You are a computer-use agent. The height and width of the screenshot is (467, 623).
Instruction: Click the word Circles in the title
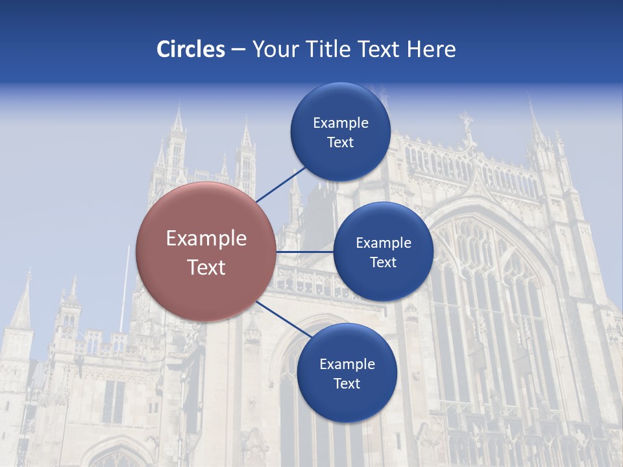coord(191,49)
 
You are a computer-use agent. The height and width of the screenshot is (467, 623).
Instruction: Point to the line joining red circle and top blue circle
coord(280,184)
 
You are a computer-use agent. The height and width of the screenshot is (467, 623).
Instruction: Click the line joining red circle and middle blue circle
coord(305,252)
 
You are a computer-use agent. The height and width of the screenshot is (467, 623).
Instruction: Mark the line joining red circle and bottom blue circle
coord(283,320)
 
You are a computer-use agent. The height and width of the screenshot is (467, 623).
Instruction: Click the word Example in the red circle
coord(206,239)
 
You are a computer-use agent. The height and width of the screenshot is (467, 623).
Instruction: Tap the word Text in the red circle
coord(206,267)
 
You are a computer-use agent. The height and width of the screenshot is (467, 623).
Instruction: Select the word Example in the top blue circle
coord(341,123)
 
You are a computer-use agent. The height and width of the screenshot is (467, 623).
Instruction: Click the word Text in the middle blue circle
coord(383,262)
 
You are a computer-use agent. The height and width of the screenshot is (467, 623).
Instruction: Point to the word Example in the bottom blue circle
coord(347,364)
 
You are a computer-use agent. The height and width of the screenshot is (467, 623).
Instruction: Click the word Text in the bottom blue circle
coord(347,383)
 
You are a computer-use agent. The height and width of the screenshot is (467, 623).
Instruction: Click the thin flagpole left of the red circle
coord(123,292)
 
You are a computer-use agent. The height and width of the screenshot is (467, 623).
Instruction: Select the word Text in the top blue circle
coord(340,142)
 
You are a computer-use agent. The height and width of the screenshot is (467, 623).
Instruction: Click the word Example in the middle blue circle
coord(384,243)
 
